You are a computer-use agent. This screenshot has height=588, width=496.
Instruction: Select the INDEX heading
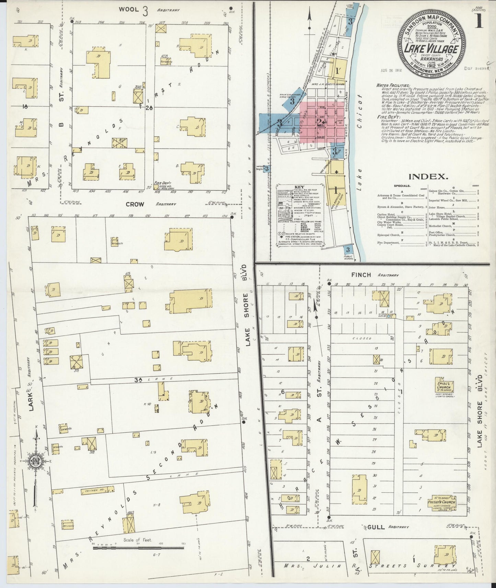pyautogui.click(x=428, y=177)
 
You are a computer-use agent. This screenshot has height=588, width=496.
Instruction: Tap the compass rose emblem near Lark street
pyautogui.click(x=35, y=462)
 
